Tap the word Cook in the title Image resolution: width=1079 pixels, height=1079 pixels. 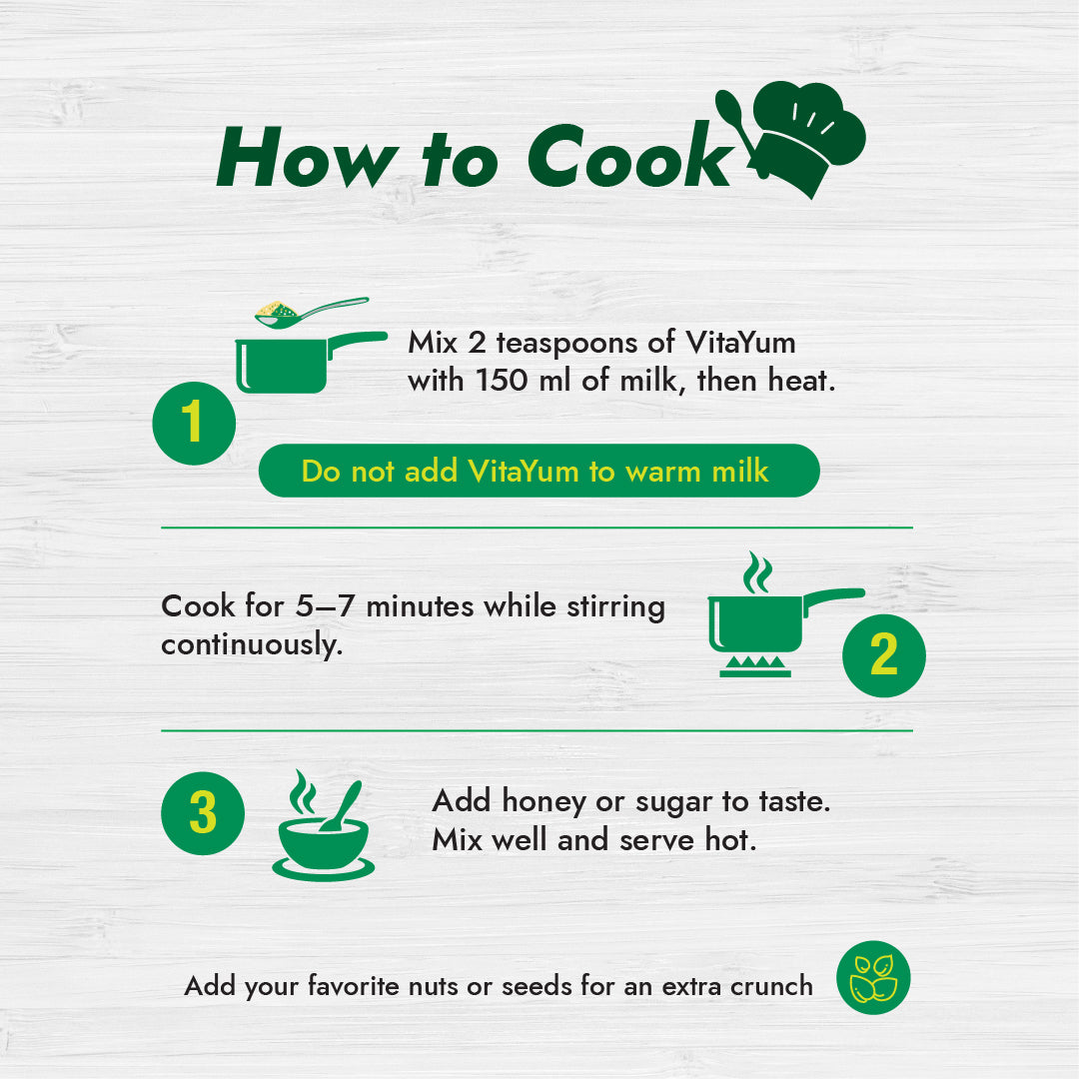(x=630, y=156)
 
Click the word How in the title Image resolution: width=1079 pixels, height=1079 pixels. (x=308, y=157)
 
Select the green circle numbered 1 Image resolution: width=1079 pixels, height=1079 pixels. (x=194, y=424)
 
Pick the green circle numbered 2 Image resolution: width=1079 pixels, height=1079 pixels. (x=883, y=655)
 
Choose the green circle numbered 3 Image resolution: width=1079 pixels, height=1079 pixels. (x=203, y=813)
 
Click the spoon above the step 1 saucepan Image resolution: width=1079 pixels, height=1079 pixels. (x=311, y=313)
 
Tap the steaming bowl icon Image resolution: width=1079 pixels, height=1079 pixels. (x=324, y=826)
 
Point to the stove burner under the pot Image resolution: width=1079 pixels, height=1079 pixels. (x=755, y=666)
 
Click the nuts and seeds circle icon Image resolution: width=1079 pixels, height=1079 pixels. (x=873, y=977)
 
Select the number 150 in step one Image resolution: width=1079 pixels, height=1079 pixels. (x=502, y=381)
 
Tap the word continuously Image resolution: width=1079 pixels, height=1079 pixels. (x=251, y=645)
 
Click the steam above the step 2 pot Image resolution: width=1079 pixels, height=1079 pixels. (x=757, y=571)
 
